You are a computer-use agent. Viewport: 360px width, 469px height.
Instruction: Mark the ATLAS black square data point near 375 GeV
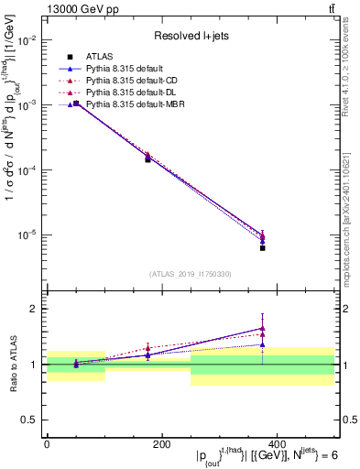click(262, 247)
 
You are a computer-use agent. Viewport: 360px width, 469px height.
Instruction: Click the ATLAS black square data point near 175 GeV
click(147, 159)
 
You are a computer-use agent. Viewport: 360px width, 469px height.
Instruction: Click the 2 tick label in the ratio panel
click(34, 309)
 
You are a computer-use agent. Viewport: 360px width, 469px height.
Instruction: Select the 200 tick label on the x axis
click(161, 444)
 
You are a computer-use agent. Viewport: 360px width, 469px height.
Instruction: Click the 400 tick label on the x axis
click(276, 444)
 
